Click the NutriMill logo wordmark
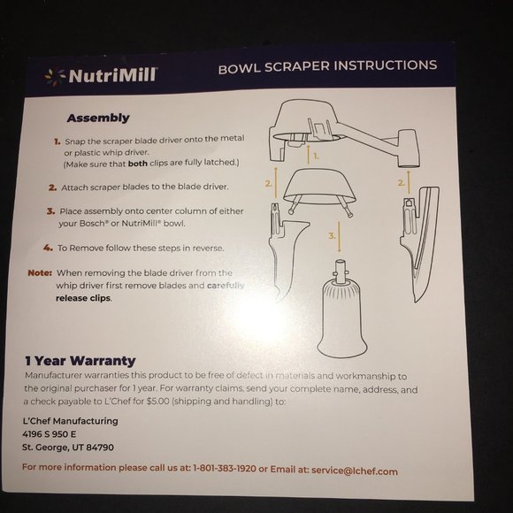113,75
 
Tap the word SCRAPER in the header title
296,67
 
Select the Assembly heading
98,118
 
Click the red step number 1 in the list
57,142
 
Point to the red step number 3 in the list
50,211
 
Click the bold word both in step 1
138,164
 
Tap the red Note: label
40,272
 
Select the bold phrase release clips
83,298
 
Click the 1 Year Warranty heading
80,361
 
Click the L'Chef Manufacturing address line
71,421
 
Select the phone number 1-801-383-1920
225,468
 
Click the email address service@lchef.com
355,471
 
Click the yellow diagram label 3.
332,236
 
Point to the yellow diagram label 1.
316,156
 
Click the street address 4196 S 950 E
49,434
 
